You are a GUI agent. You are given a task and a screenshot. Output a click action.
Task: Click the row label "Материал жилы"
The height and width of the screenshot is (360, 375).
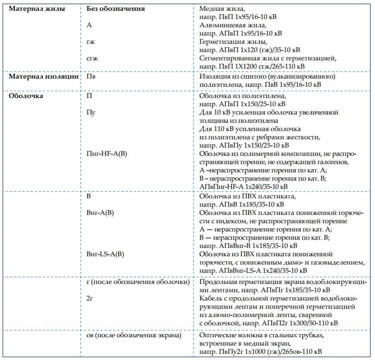tap(37, 8)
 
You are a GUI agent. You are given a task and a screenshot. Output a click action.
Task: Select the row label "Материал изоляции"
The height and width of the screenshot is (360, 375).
tap(44, 76)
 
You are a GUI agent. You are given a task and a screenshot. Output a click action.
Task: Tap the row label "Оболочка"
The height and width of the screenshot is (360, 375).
tap(26, 96)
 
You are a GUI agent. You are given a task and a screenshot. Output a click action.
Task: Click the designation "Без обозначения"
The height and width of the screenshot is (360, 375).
tap(116, 8)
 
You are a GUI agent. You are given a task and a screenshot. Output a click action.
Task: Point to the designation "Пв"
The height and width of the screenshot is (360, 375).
tap(91, 76)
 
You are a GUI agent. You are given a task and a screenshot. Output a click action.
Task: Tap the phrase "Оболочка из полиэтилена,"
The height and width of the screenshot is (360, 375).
tap(236, 96)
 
